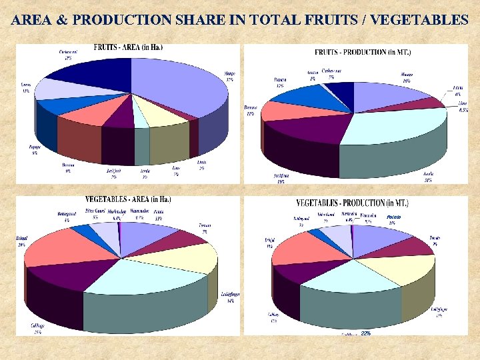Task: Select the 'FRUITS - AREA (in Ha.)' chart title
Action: coord(128,47)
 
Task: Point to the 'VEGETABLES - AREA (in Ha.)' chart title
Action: coord(128,199)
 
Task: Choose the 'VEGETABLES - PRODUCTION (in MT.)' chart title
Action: coord(353,203)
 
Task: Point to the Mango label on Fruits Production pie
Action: coord(406,77)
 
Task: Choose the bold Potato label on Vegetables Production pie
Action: coord(393,217)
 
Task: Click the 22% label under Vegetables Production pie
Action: coord(365,333)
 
